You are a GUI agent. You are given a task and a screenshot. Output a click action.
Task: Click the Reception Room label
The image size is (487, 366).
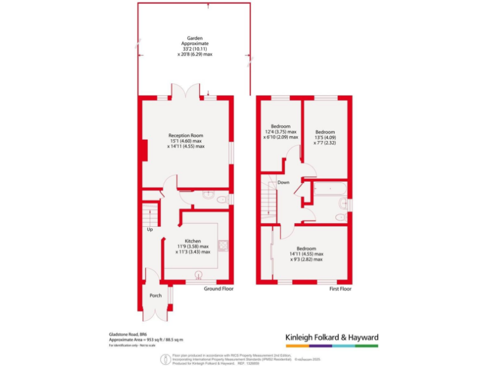point(186,135)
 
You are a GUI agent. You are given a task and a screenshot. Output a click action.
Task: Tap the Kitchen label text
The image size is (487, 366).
point(193,241)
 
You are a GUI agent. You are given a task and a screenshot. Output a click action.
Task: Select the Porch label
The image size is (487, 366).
point(155,295)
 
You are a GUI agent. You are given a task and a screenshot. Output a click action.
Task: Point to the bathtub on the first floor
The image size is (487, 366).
point(329,189)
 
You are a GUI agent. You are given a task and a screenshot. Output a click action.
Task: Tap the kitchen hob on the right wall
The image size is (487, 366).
point(223,246)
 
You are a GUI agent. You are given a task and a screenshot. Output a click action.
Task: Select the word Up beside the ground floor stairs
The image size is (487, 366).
point(150,229)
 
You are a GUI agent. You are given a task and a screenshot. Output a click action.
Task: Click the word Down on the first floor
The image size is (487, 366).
point(283,182)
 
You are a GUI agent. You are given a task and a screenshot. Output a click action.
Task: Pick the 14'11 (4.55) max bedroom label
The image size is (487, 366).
point(307,254)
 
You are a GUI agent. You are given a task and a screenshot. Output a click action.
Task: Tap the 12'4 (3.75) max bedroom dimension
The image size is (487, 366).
point(280,132)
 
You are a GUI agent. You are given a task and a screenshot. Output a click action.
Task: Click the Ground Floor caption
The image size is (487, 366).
point(218,289)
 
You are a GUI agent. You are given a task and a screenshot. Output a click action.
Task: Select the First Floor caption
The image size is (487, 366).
point(341,289)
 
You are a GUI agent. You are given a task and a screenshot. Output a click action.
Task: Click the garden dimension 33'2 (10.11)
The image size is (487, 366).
point(194,49)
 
